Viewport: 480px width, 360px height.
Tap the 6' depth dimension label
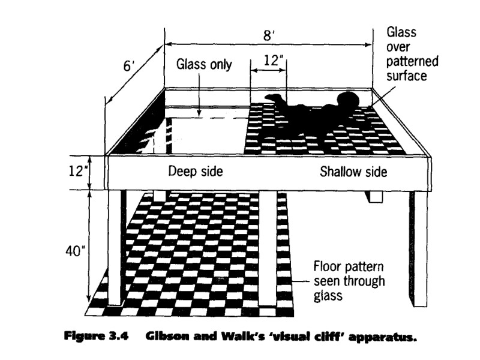(x=129, y=66)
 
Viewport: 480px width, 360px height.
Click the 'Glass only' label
(x=203, y=64)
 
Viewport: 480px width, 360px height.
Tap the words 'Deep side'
(x=195, y=172)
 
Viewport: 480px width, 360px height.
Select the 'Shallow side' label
(x=353, y=172)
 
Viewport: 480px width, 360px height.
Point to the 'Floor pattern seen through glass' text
(x=351, y=280)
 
